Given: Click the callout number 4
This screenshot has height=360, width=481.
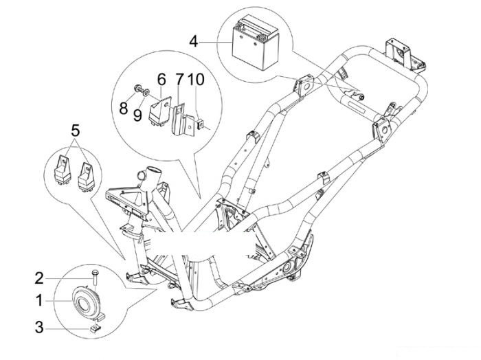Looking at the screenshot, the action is coord(194,42).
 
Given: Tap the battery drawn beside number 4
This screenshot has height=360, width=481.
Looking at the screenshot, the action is coord(255,43).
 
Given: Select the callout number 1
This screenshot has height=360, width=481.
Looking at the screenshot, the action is coord(39,300).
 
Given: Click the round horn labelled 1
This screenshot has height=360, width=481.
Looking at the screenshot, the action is coord(86,302).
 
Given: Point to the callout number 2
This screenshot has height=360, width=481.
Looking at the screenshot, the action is coord(39,278).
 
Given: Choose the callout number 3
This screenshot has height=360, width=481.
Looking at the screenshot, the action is coord(39,327).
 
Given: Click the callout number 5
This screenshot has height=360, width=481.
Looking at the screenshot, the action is coord(75,131).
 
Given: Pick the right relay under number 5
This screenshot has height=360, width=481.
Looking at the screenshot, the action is coord(86,177).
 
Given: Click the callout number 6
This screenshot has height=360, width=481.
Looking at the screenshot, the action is coord(161,79).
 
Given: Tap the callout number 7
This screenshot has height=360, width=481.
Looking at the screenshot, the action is coord(179,79).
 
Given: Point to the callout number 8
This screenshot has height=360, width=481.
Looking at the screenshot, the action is coord(123,109).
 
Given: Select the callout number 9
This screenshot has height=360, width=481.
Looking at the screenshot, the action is coord(137,115).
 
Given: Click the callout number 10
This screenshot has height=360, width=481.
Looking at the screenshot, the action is coord(196,79).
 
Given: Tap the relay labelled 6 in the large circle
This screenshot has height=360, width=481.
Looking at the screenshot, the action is coord(160,111).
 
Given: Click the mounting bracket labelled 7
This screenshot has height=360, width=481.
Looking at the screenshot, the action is coord(183,120).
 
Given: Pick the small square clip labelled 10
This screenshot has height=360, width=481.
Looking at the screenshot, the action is coord(201,124).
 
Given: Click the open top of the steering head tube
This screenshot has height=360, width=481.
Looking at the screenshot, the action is coord(154,170).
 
